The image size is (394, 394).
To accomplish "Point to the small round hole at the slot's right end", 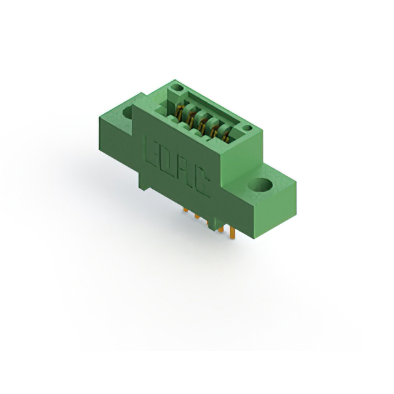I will point(247,129).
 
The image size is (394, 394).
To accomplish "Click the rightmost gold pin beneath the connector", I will point(233,233).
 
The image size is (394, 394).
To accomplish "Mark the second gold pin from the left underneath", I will point(197,216).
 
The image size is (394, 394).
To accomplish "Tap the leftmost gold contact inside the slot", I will point(179,112).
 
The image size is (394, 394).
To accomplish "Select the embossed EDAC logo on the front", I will point(177,165).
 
